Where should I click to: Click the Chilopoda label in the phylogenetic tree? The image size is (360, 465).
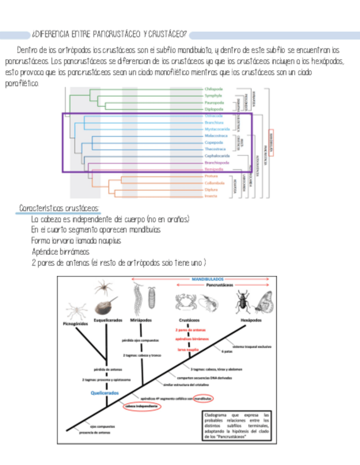213,89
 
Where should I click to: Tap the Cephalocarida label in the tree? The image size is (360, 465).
217,156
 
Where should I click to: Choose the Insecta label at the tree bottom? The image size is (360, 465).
211,196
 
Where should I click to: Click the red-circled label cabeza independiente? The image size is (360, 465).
142,406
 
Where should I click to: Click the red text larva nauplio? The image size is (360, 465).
188,349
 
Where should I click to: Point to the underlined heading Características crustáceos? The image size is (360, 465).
59,208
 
